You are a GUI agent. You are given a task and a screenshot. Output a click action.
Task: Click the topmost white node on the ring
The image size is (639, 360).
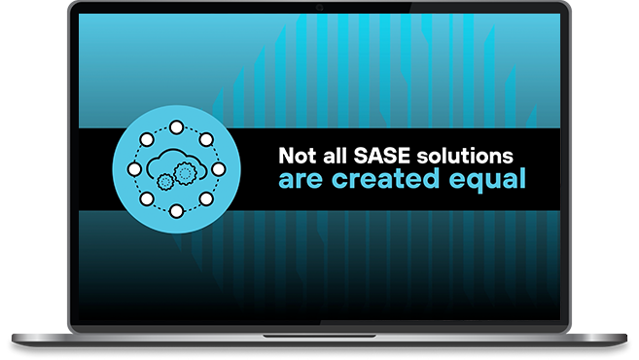coord(176,126)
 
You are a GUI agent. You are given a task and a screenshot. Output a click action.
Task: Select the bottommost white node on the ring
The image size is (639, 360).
coord(176,211)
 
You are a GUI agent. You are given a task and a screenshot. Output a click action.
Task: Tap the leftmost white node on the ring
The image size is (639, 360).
coord(134,168)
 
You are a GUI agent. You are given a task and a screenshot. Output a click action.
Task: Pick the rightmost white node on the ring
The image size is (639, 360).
coord(219,168)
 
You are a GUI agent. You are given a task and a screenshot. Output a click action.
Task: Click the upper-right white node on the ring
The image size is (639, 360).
coord(206,139)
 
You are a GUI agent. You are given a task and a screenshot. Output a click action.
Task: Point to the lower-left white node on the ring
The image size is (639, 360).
coord(147,198)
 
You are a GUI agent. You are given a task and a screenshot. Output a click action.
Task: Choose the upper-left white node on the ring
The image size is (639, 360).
coord(147,139)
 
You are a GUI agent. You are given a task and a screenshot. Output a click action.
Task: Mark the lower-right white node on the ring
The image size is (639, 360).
coord(206,198)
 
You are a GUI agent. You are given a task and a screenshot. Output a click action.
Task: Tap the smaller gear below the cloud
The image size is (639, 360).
coord(165,181)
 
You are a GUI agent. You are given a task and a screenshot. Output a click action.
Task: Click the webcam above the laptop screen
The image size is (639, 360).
coord(318,8)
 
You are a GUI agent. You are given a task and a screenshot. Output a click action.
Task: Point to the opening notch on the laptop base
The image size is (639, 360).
coord(318,334)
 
